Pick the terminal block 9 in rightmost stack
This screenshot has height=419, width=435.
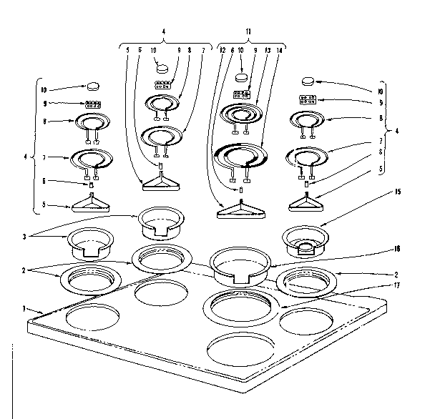[308, 99]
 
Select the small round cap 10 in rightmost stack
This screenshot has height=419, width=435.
[308, 80]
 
